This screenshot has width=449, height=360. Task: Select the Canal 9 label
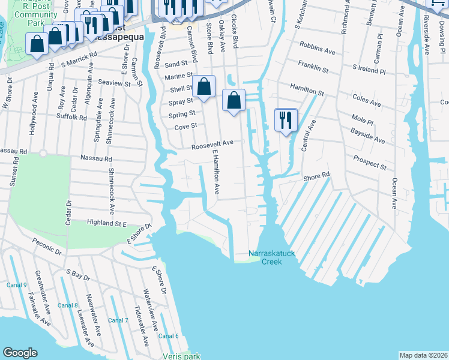pos(17,285)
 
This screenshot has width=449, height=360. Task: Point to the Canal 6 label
pos(169,335)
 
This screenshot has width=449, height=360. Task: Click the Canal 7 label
pos(118,320)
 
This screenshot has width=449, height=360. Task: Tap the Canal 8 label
pos(68,305)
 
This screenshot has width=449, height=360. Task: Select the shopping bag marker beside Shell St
pos(204,86)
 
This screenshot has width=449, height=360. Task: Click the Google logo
pos(20,353)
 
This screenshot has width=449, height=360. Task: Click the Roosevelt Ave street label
pos(212,145)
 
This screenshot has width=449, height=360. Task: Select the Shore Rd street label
pos(317,176)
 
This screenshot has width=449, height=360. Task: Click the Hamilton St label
pos(308,90)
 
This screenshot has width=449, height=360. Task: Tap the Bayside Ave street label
pos(367,134)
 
